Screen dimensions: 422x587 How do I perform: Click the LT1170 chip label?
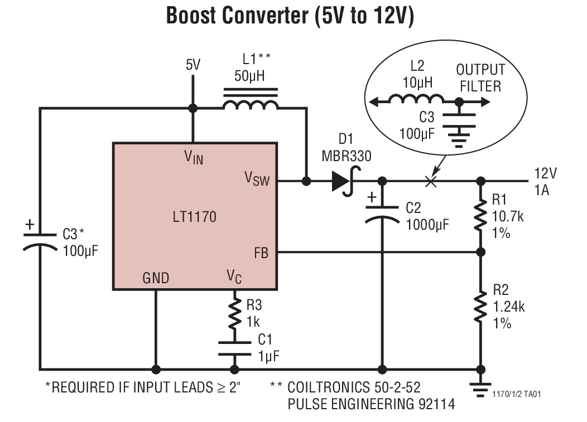tap(194, 216)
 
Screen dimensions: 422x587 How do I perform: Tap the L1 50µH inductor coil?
tap(250, 104)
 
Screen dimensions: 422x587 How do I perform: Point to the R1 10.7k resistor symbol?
tap(480, 216)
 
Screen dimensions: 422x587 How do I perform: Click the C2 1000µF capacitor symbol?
tap(382, 215)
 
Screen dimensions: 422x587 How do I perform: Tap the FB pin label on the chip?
tap(261, 253)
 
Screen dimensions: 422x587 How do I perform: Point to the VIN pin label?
tap(194, 158)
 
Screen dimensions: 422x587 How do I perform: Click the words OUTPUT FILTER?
tap(480, 78)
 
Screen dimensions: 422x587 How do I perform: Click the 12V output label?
tap(541, 173)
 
